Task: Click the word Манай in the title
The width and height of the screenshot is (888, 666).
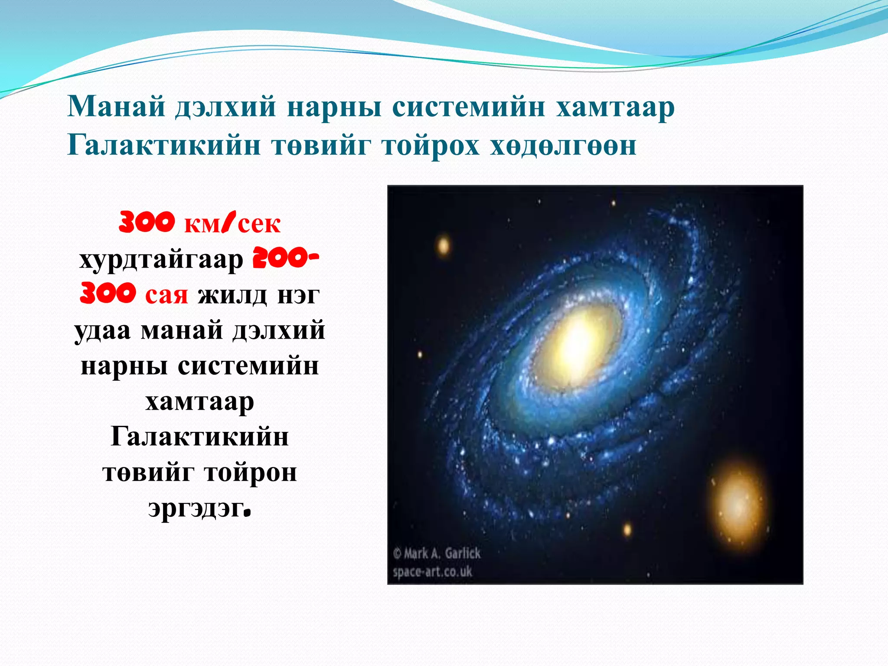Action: [x=116, y=107]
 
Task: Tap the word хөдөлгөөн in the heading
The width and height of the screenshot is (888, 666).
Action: [x=563, y=145]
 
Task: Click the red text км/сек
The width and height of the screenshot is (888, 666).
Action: [x=232, y=224]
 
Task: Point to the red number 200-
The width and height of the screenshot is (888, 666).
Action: [x=286, y=259]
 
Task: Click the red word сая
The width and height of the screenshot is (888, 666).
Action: [x=166, y=295]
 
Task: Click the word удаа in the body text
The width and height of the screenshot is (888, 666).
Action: [x=102, y=330]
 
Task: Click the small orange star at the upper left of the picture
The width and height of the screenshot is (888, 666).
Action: [x=444, y=246]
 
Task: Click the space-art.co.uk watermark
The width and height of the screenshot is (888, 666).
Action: [x=432, y=571]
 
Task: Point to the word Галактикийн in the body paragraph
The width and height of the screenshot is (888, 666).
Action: [x=199, y=436]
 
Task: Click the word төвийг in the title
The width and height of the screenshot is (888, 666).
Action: [x=321, y=145]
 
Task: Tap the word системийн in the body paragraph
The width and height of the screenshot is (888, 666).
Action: [x=248, y=366]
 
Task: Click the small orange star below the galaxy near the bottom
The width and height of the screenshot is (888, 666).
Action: [x=627, y=529]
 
